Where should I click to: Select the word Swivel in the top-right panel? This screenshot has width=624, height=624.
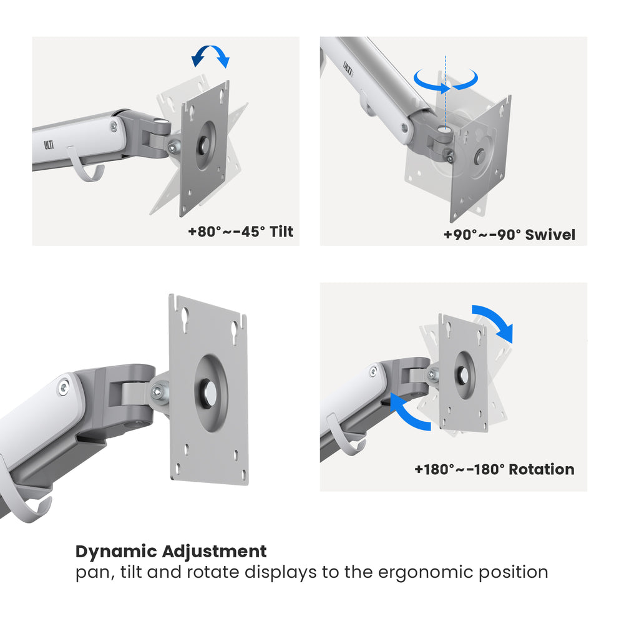coord(550,235)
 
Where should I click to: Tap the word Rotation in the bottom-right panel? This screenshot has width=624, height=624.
coord(541,469)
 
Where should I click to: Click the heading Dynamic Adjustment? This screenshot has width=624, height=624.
coord(171,552)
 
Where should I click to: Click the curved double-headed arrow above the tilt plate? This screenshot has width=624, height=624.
coord(210,56)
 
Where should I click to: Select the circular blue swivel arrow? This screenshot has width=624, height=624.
coord(446,79)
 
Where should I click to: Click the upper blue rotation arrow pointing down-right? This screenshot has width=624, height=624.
coord(495,322)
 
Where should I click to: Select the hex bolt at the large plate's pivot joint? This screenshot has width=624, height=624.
coord(158,392)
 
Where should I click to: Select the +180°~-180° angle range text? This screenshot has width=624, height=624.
coord(459,469)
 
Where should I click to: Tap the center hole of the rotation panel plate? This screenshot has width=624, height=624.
coord(464,375)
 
